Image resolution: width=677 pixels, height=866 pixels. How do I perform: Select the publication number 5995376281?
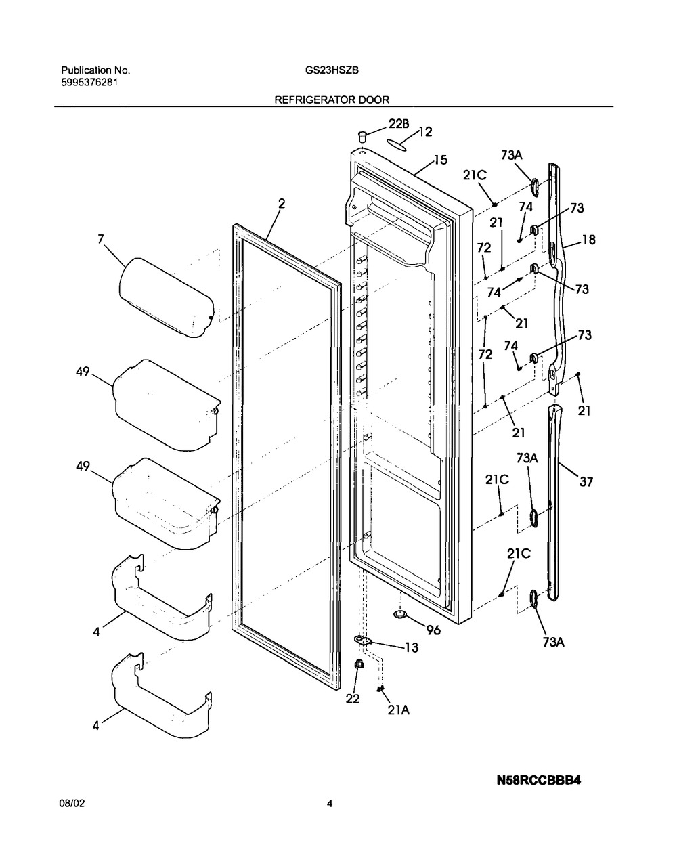tap(89, 83)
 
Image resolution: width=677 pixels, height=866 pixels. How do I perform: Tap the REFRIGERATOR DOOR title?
tap(332, 100)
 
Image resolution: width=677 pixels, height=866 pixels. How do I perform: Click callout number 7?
tap(101, 239)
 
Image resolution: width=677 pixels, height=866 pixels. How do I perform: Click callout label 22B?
tap(399, 125)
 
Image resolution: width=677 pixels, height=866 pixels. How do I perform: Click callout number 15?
tap(440, 160)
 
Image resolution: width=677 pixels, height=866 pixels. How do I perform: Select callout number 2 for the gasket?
tap(282, 204)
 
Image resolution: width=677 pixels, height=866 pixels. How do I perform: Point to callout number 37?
tap(586, 482)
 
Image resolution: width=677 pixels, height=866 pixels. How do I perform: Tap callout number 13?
tap(412, 647)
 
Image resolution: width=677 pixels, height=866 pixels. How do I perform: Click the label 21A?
tap(399, 710)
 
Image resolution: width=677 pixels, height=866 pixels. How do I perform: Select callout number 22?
tap(353, 699)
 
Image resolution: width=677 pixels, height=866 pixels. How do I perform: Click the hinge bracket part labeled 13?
tap(363, 640)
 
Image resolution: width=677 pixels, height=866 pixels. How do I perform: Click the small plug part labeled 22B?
tap(362, 137)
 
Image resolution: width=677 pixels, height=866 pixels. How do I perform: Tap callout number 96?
tap(433, 630)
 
